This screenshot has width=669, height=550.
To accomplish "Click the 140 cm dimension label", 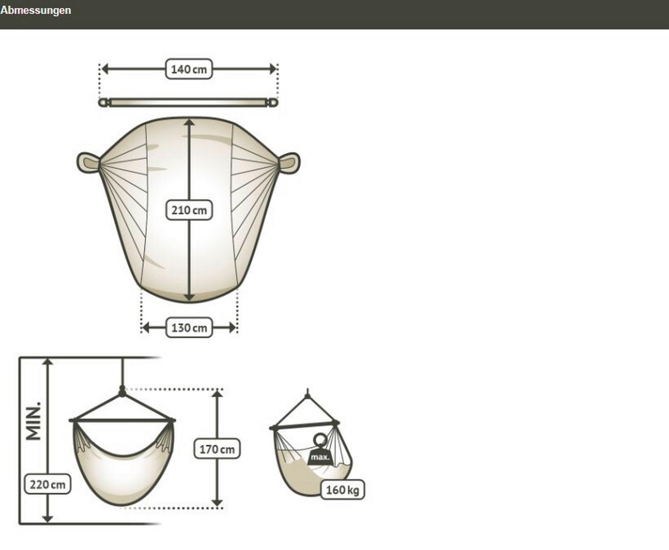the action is tap(189, 69).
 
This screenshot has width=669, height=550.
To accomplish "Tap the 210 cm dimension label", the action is tap(190, 210).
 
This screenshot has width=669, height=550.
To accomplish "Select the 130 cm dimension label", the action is tap(190, 328).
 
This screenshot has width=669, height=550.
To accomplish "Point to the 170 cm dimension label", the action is tap(217, 449).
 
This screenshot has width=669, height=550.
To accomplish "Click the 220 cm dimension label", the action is tap(47, 484).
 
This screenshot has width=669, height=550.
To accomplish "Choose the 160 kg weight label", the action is tap(343, 490).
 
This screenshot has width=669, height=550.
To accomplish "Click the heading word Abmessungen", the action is tap(36, 10).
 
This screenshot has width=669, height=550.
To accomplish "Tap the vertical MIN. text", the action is tap(33, 421).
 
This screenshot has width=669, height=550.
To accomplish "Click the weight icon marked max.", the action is tap(320, 451).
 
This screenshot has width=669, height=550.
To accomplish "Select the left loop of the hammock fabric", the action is tap(88, 163).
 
